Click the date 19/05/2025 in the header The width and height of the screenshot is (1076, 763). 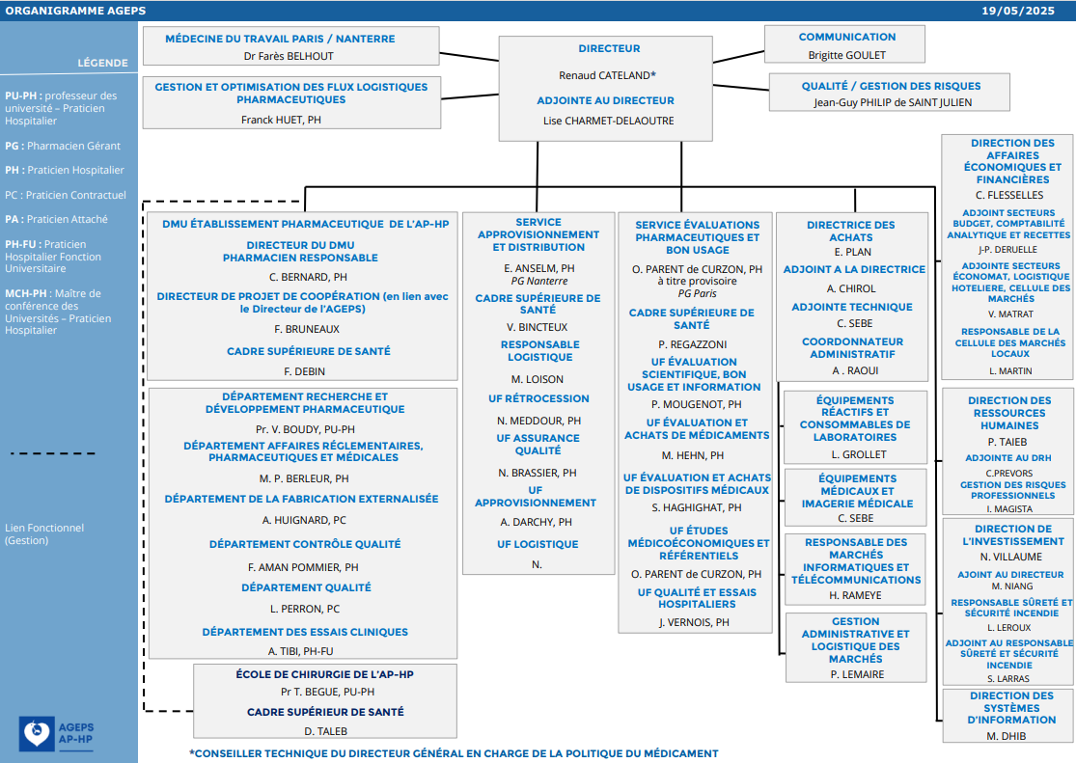coord(1018,11)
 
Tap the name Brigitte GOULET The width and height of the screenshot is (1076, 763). coord(846,55)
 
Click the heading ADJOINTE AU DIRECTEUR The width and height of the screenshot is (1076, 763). coord(605,100)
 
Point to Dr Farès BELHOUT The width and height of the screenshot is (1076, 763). coord(289,56)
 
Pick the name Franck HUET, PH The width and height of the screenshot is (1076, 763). coord(282,120)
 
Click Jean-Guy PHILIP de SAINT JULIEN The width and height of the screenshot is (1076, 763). coord(893,103)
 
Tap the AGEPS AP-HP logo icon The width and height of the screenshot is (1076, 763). coord(37,733)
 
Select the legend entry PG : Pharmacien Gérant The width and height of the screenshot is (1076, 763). coord(63,146)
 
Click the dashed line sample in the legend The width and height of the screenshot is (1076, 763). coord(53,453)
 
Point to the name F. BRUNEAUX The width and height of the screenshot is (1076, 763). coord(307,329)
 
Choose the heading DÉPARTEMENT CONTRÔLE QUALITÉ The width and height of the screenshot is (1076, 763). coord(305,544)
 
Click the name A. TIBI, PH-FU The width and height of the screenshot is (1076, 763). coord(300,651)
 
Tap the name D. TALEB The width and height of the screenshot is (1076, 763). coord(326,731)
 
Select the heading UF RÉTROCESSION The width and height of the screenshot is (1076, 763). coord(538,398)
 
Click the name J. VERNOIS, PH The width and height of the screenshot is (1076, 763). coord(694,622)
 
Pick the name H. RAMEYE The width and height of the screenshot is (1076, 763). coord(855,595)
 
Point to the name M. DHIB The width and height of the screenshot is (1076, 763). coord(1006,736)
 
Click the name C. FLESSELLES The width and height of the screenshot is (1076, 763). coord(1009,196)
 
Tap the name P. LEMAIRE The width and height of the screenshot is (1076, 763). coord(857,675)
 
